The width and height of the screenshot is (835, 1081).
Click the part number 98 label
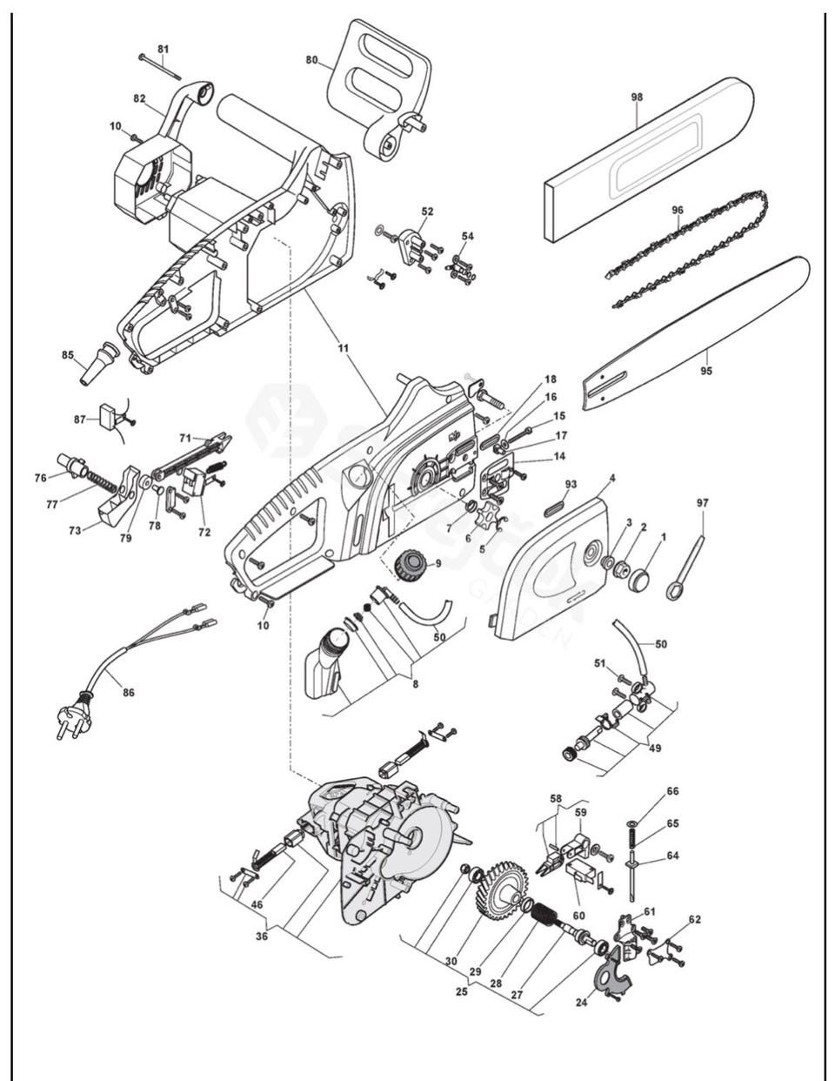(x=637, y=97)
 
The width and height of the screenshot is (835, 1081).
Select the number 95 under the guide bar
(x=705, y=371)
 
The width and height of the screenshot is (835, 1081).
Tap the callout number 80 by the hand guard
(x=311, y=60)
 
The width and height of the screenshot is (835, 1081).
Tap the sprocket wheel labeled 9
(x=410, y=565)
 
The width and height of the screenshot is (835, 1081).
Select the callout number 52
(x=427, y=211)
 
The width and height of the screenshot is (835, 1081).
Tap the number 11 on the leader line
(x=344, y=348)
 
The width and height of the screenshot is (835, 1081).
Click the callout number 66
(x=672, y=791)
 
